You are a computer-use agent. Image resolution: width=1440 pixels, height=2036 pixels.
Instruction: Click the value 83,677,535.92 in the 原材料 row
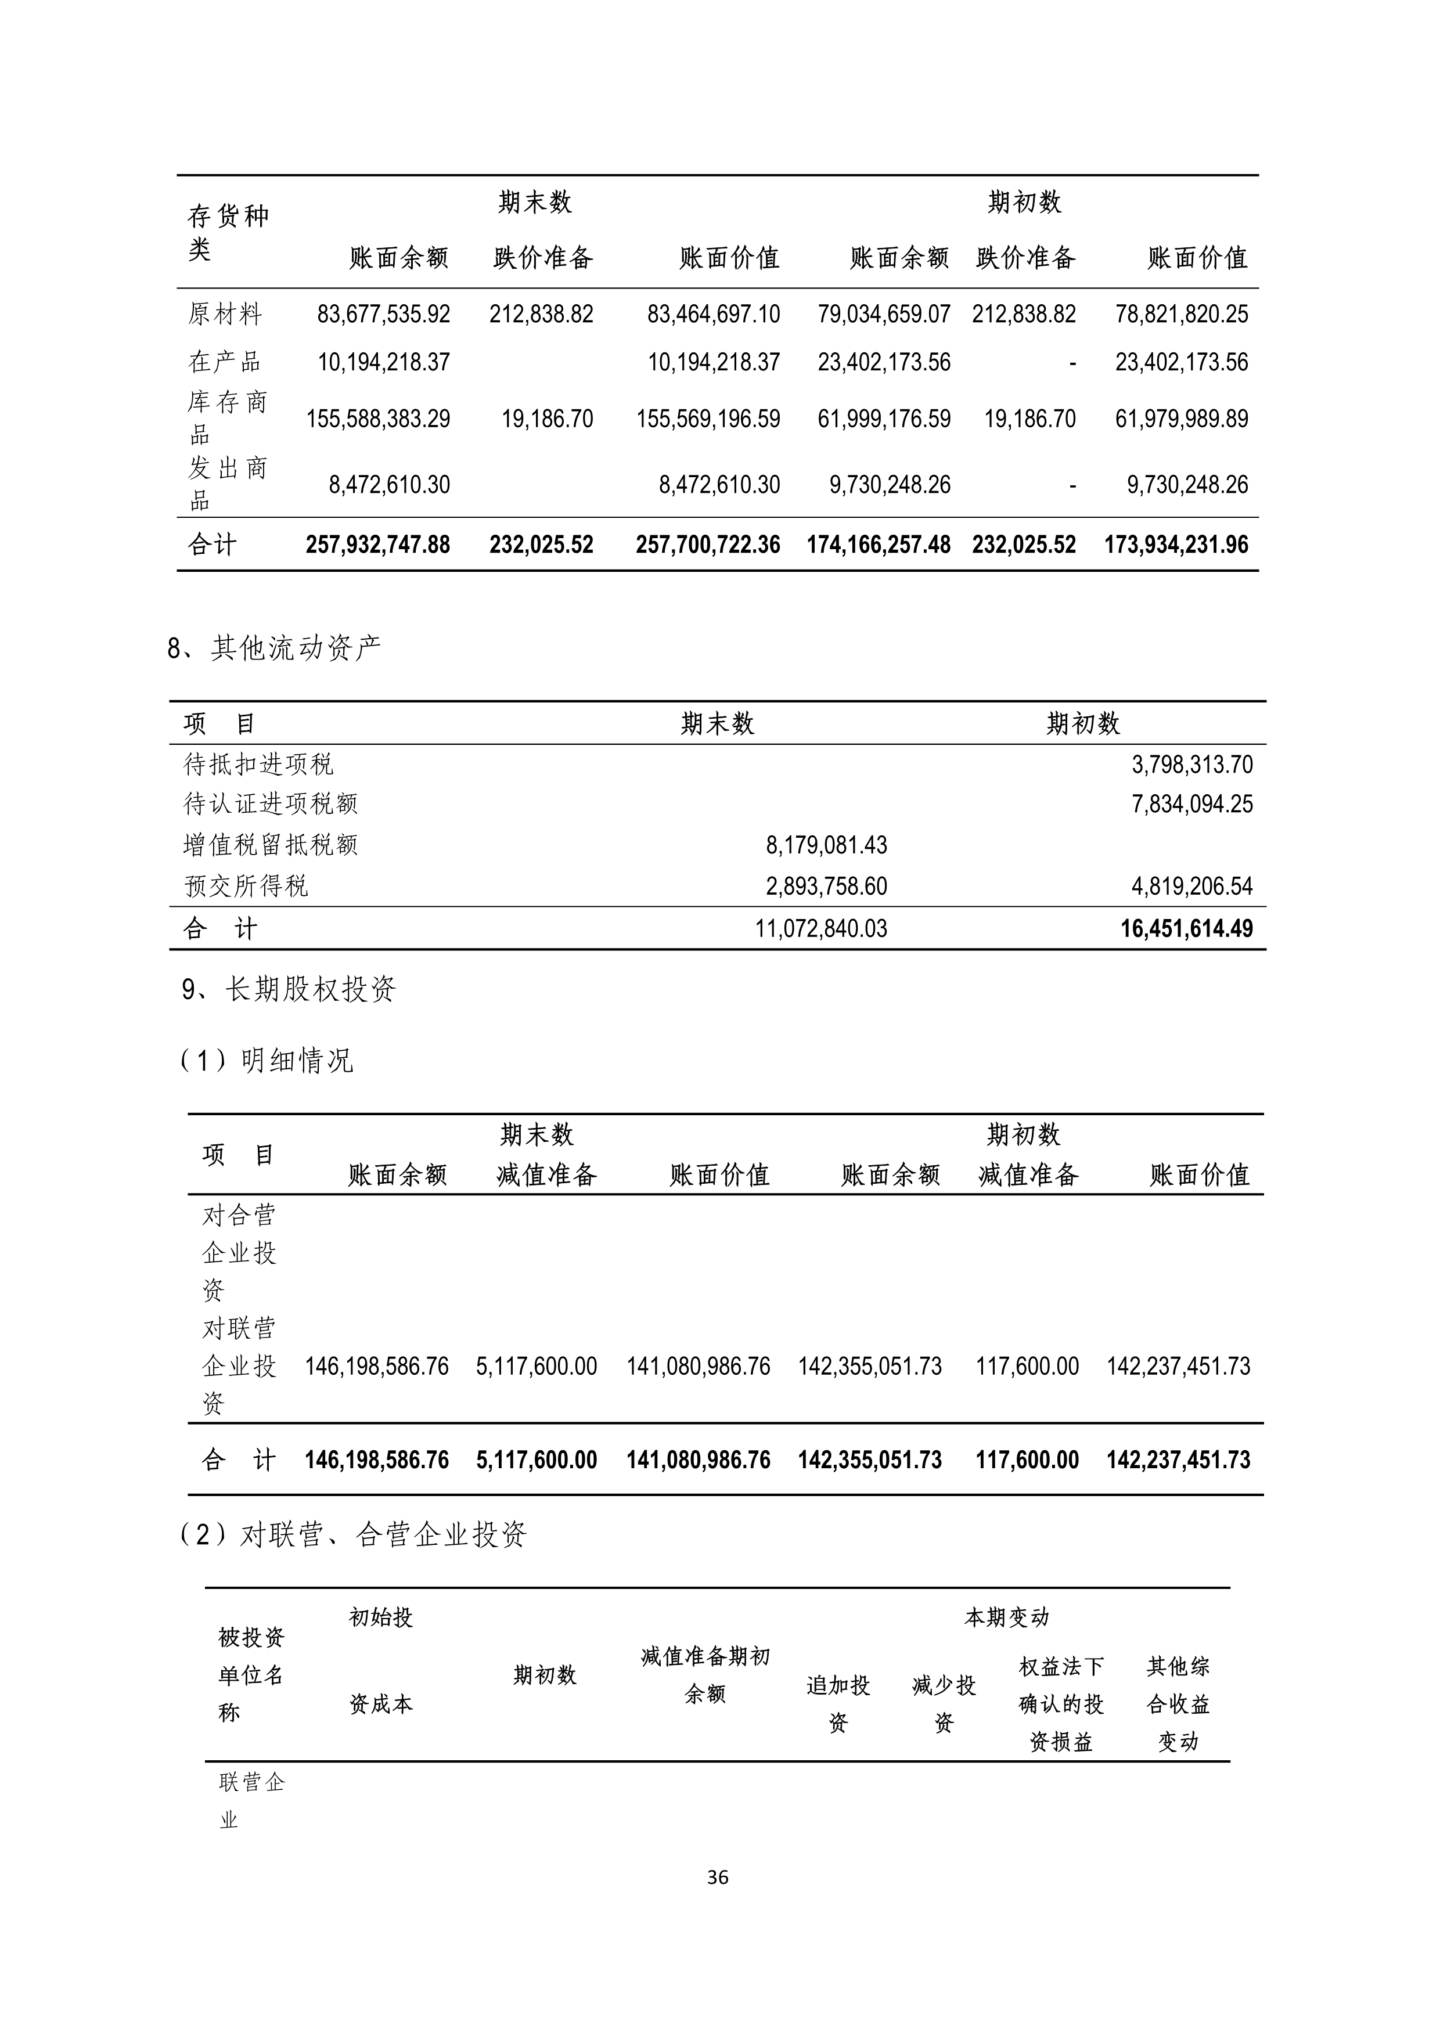(x=383, y=314)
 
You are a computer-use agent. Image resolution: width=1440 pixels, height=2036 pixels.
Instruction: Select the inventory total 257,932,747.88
(x=378, y=545)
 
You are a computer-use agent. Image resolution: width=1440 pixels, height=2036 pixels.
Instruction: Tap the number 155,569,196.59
(x=708, y=419)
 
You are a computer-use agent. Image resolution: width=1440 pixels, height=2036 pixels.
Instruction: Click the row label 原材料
(x=224, y=314)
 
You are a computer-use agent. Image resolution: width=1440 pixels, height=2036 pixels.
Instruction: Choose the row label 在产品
(x=224, y=362)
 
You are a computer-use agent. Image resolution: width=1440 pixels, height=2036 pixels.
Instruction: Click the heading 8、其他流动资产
(x=274, y=648)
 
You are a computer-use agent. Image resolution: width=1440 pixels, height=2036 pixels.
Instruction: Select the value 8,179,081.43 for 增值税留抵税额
(x=826, y=845)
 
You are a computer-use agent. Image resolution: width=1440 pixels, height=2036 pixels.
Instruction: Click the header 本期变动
(x=1006, y=1617)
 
